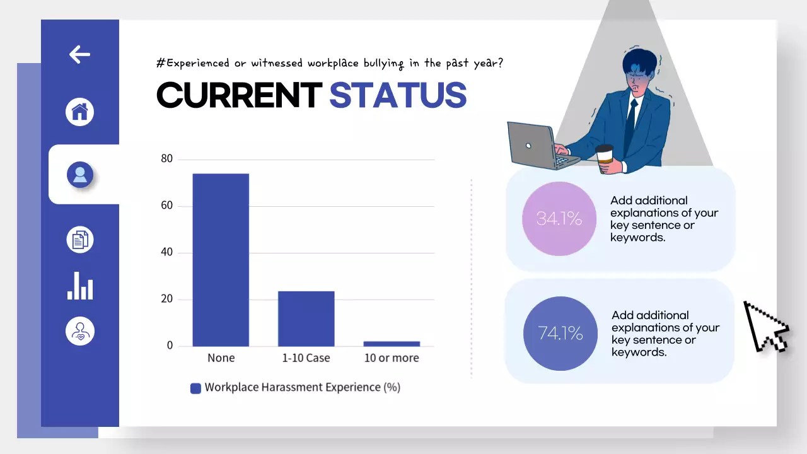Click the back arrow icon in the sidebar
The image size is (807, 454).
point(79,54)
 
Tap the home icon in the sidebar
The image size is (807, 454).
point(80,112)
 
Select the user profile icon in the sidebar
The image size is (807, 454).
point(80,175)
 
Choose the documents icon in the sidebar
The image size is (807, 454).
point(80,240)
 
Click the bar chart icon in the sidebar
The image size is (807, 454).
point(80,286)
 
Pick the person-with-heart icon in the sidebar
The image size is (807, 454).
point(80,330)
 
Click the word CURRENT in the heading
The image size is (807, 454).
point(239,95)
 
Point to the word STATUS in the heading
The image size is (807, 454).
point(398,95)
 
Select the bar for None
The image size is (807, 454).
point(221,260)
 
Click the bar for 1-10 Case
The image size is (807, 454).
point(306,318)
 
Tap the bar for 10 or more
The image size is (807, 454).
point(392,344)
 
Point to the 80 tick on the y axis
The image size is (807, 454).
point(166,159)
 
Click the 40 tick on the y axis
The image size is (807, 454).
point(166,252)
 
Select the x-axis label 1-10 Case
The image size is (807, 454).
point(306,358)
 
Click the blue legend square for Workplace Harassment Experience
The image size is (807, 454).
point(195,388)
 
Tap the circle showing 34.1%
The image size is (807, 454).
point(559,219)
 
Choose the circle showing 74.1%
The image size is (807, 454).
point(560,333)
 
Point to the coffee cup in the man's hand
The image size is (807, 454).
point(605,156)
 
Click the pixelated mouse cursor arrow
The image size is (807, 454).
point(765,327)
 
